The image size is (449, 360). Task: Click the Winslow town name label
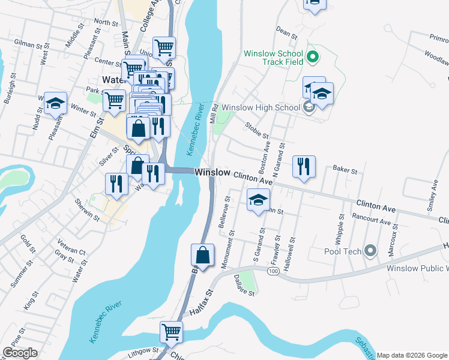212,172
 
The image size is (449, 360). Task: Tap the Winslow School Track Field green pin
312,58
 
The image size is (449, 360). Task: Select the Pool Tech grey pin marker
370,251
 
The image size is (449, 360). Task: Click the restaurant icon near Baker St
304,166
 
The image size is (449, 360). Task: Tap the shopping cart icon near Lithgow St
172,331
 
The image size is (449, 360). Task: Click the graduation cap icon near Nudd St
55,103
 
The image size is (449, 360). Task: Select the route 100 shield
273,272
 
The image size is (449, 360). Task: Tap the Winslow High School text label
261,107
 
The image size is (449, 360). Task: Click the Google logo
19,353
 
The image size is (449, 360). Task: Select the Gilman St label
31,44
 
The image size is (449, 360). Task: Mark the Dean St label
286,32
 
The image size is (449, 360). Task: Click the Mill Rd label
212,113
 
